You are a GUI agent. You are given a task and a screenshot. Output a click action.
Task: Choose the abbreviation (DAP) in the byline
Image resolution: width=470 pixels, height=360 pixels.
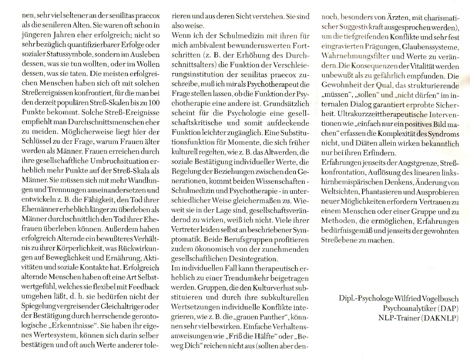click(x=450, y=308)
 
